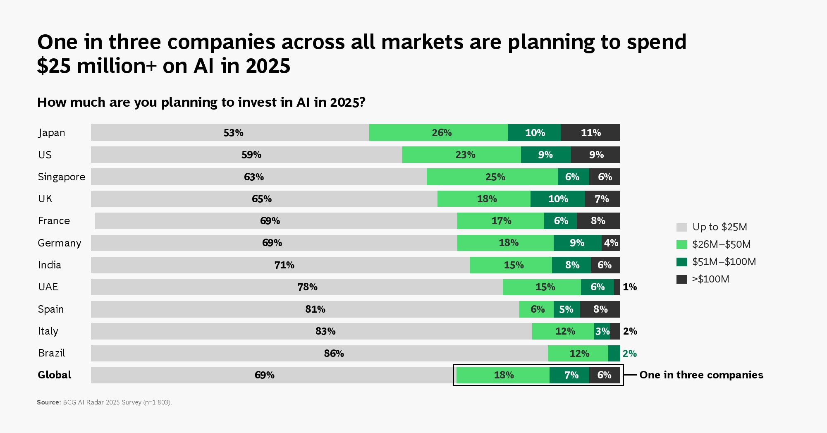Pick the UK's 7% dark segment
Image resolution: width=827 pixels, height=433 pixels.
point(602,199)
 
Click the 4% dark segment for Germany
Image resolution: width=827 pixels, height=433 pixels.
point(611,243)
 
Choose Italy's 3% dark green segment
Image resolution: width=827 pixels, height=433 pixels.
point(602,331)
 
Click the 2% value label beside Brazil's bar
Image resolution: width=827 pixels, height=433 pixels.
point(629,354)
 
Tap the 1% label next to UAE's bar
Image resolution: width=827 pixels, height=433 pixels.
point(629,287)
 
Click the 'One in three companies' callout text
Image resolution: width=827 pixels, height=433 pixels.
point(701,375)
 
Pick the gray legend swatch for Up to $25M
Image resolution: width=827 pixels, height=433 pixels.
point(681,227)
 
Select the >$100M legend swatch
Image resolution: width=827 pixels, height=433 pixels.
point(681,279)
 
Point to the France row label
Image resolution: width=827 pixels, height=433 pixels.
point(54,221)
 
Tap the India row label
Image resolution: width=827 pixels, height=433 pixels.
point(50,265)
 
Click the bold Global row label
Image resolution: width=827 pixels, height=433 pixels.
point(54,375)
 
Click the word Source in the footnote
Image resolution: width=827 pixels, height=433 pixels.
point(49,402)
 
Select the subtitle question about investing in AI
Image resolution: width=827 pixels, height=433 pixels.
point(201,102)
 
